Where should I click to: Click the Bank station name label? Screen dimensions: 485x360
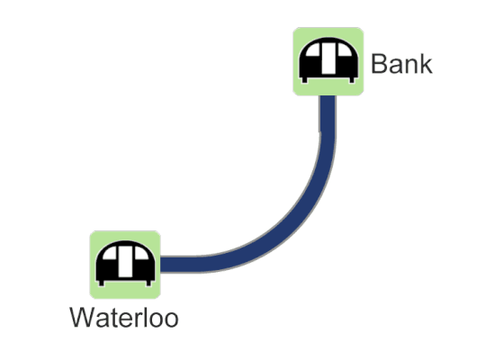(401, 64)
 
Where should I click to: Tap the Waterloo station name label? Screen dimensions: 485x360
(124, 318)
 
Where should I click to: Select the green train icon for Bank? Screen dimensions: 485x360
(328, 61)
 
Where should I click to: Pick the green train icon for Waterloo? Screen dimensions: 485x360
(125, 265)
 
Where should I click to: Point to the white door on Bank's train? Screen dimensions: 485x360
(328, 58)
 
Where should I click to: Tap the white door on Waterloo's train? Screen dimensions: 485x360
(125, 262)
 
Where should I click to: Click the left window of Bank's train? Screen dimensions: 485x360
(313, 49)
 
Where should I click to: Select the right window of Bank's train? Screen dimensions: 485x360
(345, 49)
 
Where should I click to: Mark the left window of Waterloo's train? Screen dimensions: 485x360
(110, 253)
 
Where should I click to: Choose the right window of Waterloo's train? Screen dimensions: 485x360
(141, 253)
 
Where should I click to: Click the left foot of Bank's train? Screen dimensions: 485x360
(305, 80)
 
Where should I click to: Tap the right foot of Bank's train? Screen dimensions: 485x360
(352, 80)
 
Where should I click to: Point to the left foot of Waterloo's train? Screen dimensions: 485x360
(102, 283)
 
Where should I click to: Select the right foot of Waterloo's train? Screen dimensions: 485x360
(148, 283)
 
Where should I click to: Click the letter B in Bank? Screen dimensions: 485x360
(379, 64)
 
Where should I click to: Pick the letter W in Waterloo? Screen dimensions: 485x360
(83, 318)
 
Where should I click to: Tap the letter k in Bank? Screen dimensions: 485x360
(427, 64)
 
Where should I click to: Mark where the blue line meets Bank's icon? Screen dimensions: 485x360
(328, 96)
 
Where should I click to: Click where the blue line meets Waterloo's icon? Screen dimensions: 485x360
(161, 265)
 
